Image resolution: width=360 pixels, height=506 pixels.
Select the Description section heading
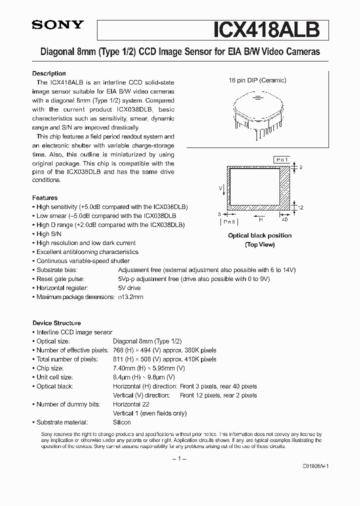49,73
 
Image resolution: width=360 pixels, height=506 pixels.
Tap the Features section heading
45,198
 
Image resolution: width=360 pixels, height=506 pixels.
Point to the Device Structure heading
56,323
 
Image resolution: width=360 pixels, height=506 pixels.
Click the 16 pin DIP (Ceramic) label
257,80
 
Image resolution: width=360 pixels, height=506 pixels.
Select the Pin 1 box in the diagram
282,159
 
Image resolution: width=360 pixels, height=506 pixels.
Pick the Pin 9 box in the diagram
229,220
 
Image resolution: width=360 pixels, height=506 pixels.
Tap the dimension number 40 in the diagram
285,219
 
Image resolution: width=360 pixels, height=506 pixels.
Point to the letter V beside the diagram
220,187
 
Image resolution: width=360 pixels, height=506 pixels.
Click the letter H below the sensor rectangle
260,219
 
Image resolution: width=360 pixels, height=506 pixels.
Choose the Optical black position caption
259,235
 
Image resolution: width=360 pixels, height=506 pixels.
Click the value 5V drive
129,288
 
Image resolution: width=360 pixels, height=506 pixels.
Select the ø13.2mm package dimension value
130,297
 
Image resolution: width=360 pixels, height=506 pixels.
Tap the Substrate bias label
57,270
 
